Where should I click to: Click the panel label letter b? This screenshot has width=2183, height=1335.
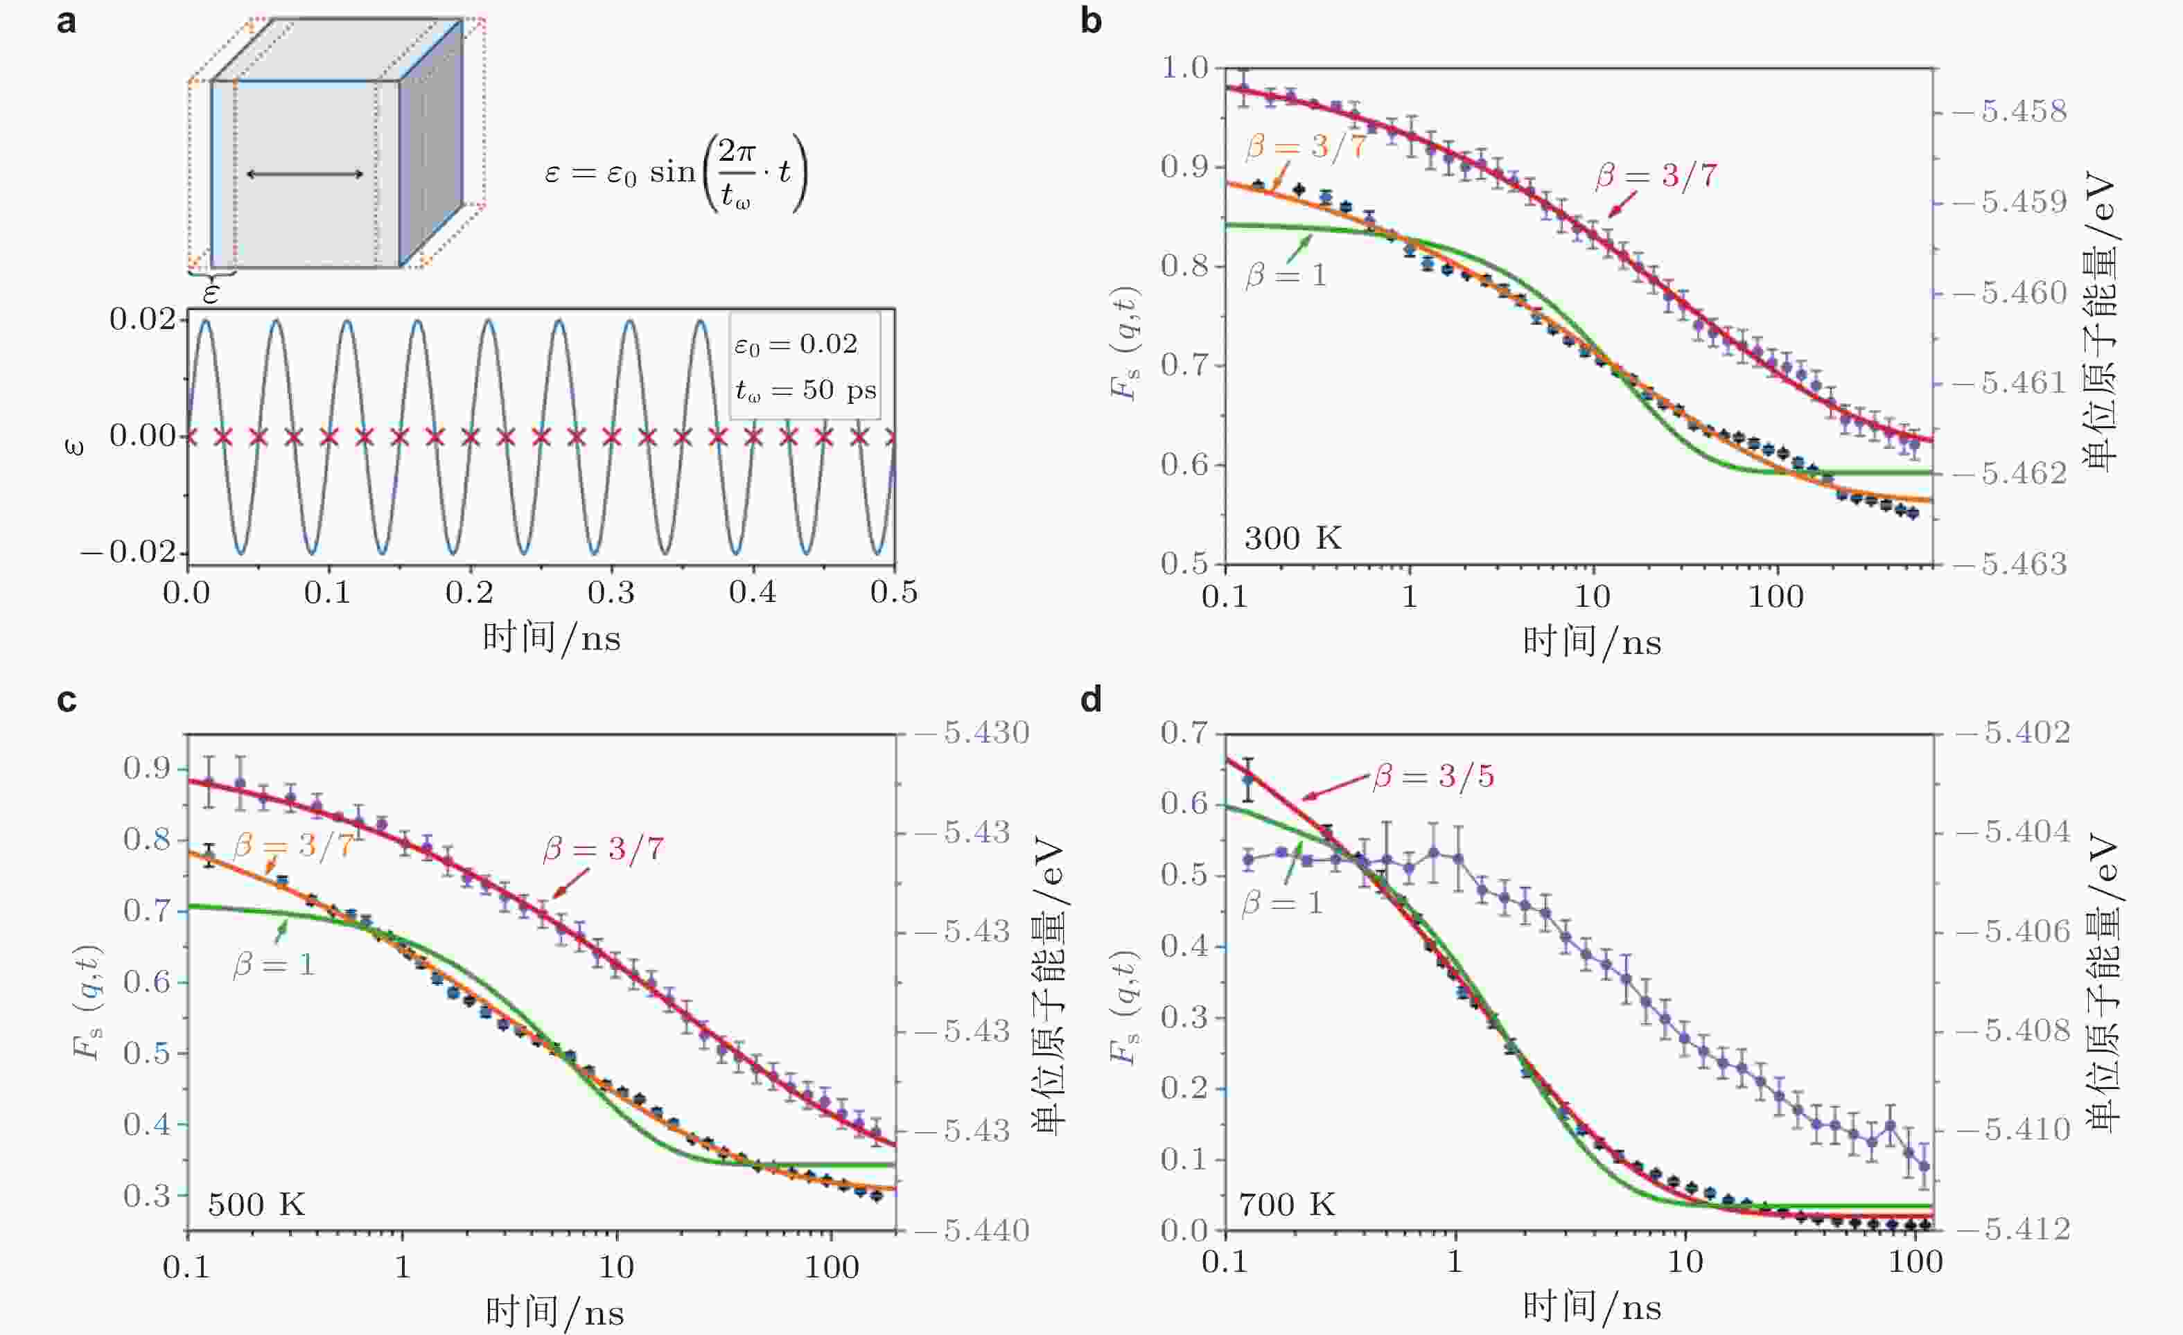click(x=1091, y=19)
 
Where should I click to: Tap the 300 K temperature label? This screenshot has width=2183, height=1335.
click(x=1292, y=538)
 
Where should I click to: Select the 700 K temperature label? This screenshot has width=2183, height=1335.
click(x=1286, y=1205)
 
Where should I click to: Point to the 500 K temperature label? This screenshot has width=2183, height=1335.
click(x=256, y=1205)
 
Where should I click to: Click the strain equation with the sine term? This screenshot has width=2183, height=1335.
click(x=675, y=173)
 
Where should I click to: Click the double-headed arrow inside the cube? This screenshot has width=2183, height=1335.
click(x=305, y=174)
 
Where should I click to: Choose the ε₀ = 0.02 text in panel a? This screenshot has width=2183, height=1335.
click(x=796, y=344)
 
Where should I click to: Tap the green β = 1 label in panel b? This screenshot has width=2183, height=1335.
click(x=1286, y=274)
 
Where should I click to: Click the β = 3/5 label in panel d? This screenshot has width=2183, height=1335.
click(x=1433, y=777)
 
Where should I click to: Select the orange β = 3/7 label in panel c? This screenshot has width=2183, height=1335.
click(x=293, y=845)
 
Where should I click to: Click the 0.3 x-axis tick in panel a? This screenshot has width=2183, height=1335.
click(x=611, y=592)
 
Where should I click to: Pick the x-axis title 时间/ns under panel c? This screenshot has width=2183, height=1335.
click(x=554, y=1311)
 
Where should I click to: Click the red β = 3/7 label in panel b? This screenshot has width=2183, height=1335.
click(x=1656, y=175)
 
